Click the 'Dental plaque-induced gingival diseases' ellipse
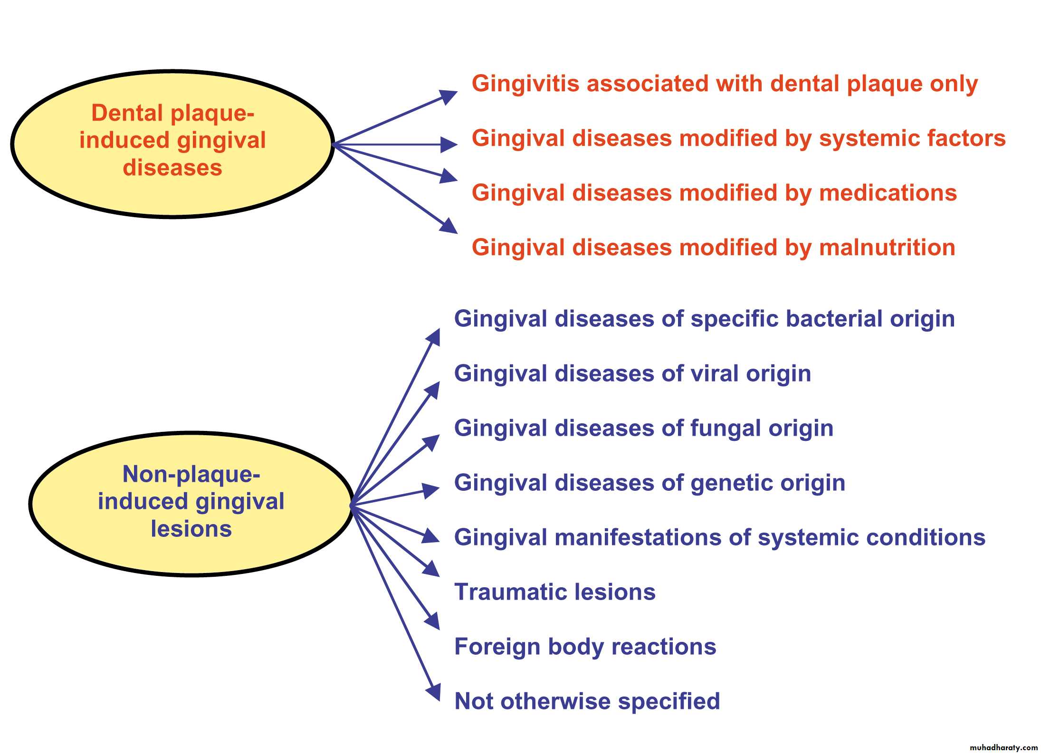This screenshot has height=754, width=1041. click(172, 144)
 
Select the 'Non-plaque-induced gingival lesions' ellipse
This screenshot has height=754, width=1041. click(191, 504)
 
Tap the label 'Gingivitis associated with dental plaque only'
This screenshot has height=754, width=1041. click(724, 84)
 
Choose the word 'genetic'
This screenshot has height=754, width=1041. click(732, 483)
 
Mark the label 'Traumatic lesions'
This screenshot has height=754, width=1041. click(554, 592)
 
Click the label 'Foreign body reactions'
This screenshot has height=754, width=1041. click(585, 647)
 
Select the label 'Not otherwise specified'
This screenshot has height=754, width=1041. click(587, 702)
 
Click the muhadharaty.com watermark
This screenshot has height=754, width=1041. click(1003, 747)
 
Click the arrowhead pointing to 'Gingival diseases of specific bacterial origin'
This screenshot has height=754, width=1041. click(433, 337)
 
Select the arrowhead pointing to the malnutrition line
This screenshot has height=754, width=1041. click(448, 226)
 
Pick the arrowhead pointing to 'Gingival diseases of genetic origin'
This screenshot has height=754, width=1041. click(430, 490)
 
